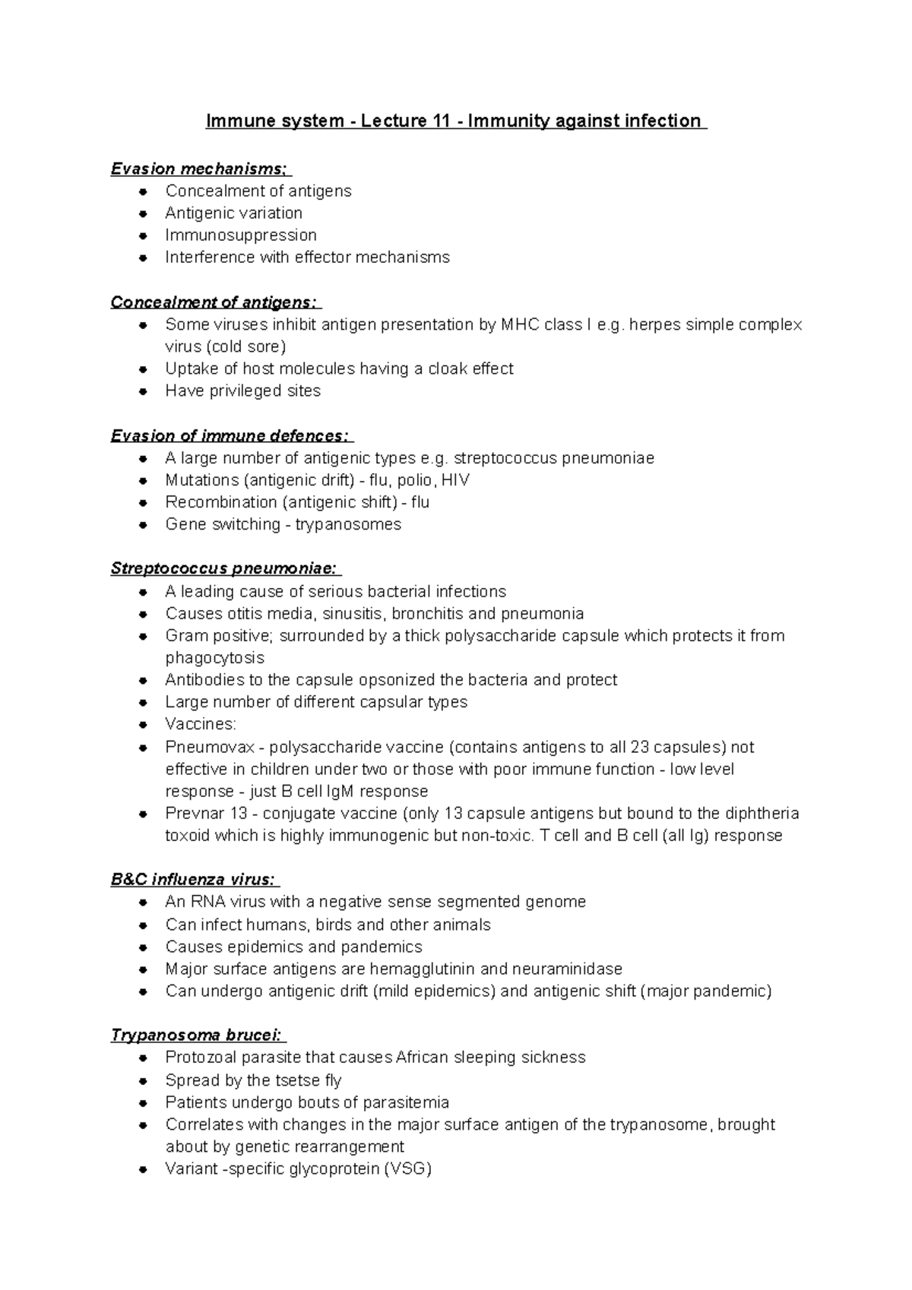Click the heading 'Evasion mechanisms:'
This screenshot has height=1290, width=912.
tap(200, 169)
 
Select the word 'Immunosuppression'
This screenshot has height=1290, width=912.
tap(241, 235)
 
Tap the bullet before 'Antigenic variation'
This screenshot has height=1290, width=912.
tap(143, 213)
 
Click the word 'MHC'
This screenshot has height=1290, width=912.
tap(519, 324)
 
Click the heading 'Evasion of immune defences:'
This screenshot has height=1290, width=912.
tap(231, 436)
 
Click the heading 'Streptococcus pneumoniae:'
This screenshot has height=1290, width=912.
tap(225, 569)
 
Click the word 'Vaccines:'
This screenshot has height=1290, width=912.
tap(201, 724)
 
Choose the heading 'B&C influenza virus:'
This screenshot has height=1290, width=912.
tap(194, 880)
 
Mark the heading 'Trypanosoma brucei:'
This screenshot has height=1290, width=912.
tap(198, 1035)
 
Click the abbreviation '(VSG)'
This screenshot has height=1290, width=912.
tap(408, 1168)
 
